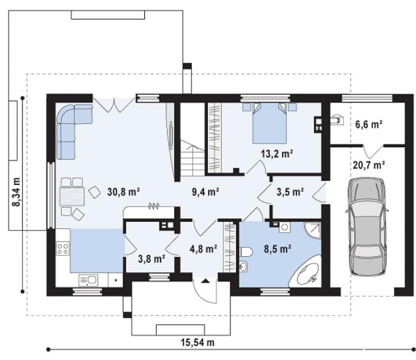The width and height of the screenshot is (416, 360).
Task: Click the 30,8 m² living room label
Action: point(124,192)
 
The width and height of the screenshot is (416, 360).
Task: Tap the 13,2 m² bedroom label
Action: point(277,153)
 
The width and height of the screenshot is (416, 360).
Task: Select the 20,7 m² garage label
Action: point(369,165)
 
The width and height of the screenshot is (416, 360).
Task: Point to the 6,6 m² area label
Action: point(369,124)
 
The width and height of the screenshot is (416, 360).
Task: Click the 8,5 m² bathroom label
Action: point(278,249)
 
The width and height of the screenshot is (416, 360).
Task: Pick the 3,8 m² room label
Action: point(152,258)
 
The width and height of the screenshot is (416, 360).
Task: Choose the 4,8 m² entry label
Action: point(204,249)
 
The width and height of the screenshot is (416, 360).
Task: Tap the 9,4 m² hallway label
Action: point(206,192)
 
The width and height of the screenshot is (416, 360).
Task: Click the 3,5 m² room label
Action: point(290,192)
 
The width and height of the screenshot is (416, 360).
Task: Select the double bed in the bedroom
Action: point(269,123)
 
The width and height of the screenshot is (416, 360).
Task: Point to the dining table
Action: point(72,197)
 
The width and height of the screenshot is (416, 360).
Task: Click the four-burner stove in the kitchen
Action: point(63,248)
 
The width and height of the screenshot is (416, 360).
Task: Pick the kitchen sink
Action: point(89,280)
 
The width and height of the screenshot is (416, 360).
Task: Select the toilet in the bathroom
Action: point(246,252)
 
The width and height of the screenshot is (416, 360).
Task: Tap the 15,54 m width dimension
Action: point(198,342)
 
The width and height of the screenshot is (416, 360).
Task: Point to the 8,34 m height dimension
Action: point(16,192)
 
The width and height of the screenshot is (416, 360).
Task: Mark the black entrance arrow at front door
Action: point(205,280)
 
